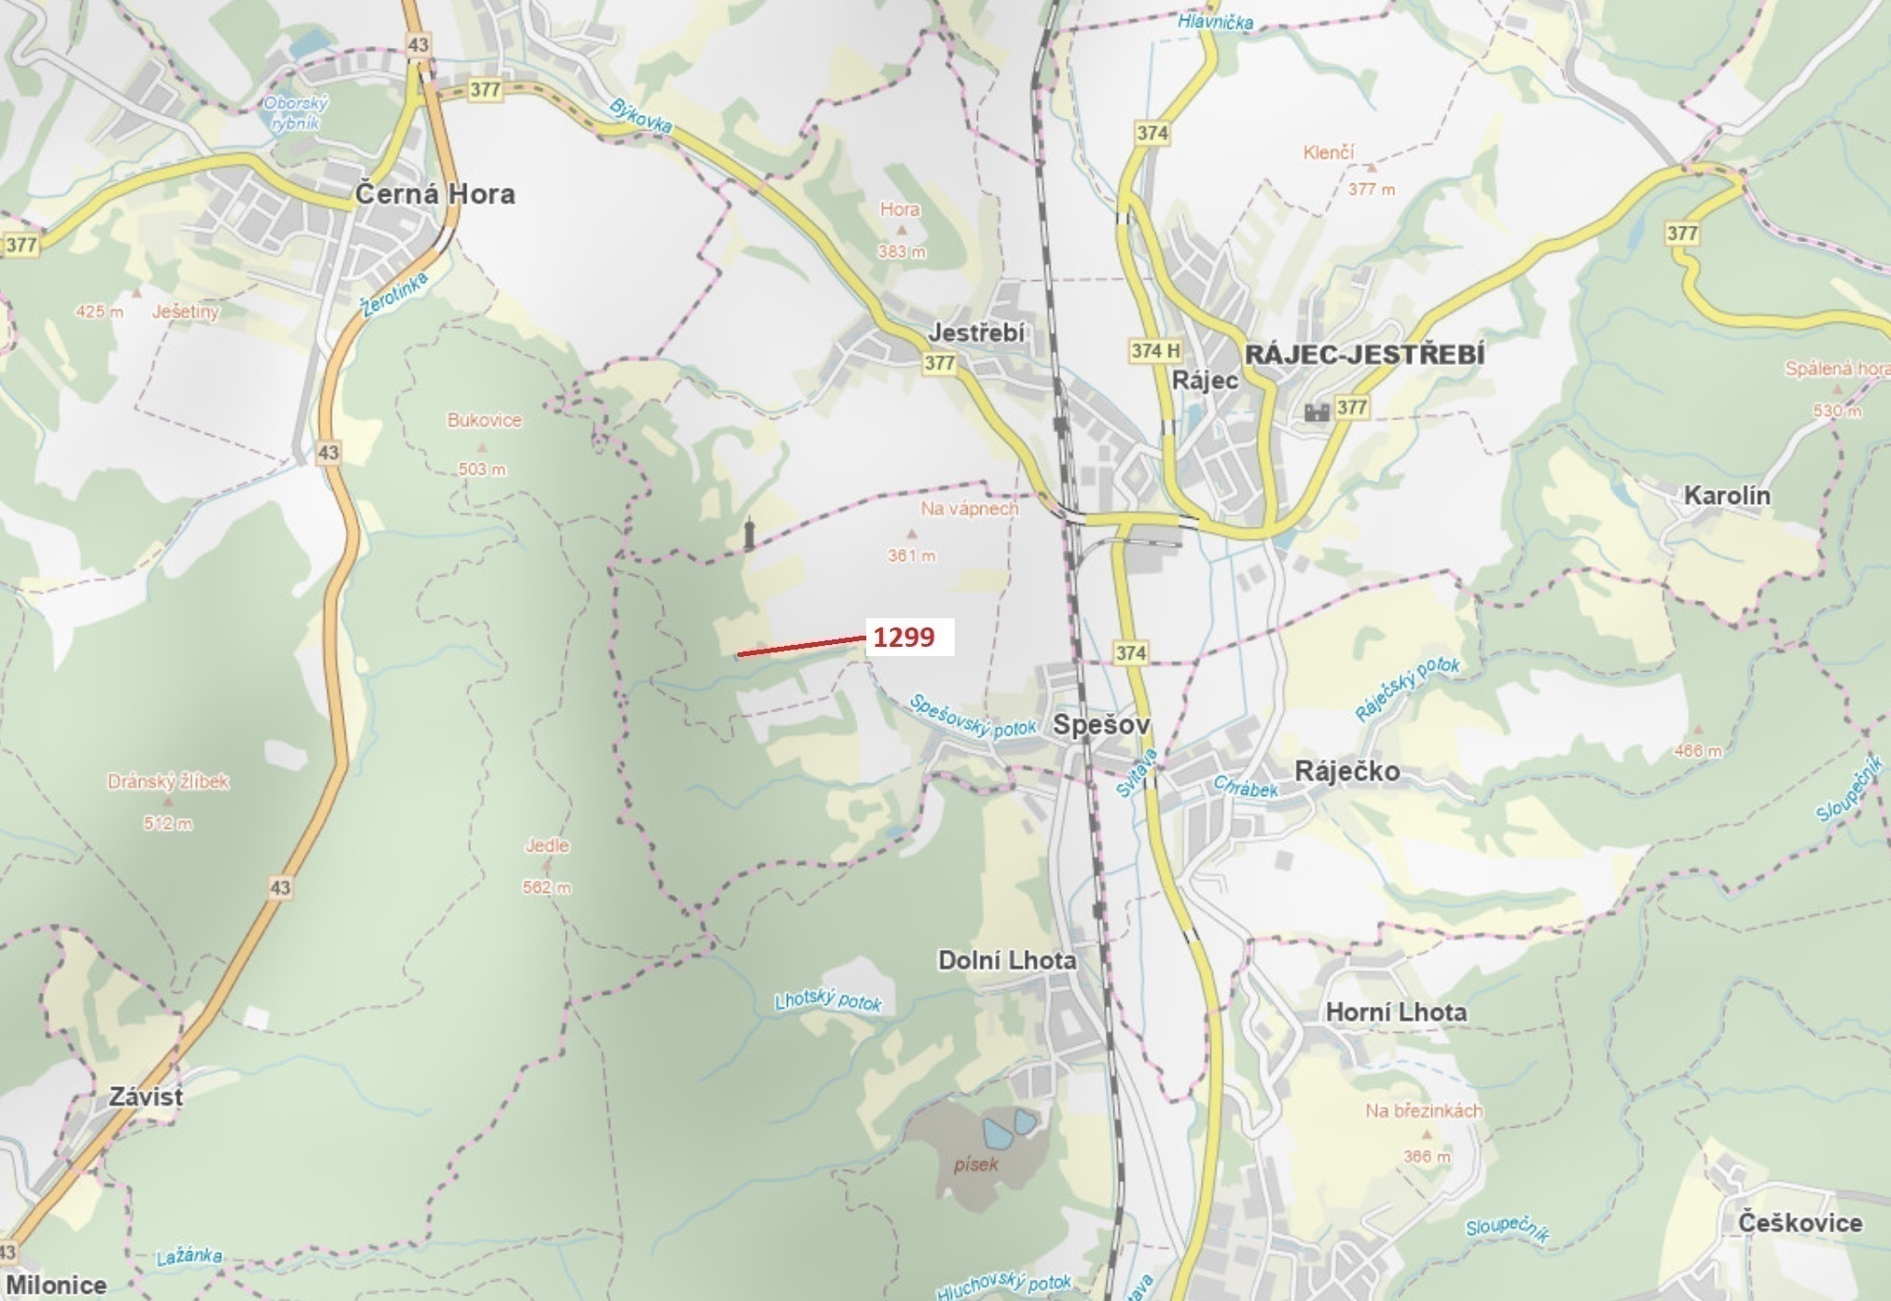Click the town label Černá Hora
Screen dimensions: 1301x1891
coord(435,194)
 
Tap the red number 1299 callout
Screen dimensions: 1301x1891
coord(904,637)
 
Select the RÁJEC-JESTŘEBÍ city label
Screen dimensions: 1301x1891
coord(1364,355)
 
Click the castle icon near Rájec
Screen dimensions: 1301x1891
coord(1315,411)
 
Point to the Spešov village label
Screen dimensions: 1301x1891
coord(1101,725)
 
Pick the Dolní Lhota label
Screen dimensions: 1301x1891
coord(1006,960)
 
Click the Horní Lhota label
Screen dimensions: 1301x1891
coord(1395,1012)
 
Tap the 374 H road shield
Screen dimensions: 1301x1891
coord(1156,350)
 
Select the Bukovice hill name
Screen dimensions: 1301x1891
coord(484,420)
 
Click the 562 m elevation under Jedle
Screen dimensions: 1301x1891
coord(546,887)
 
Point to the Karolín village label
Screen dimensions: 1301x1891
coord(1726,495)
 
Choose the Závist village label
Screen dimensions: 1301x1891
coord(146,1096)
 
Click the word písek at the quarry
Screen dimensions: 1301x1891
coord(976,1164)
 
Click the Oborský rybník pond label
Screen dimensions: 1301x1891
coord(296,113)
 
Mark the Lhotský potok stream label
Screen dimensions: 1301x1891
coord(828,1001)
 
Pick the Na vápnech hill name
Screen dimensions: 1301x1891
coord(969,508)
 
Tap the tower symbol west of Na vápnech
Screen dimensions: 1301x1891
coord(749,534)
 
